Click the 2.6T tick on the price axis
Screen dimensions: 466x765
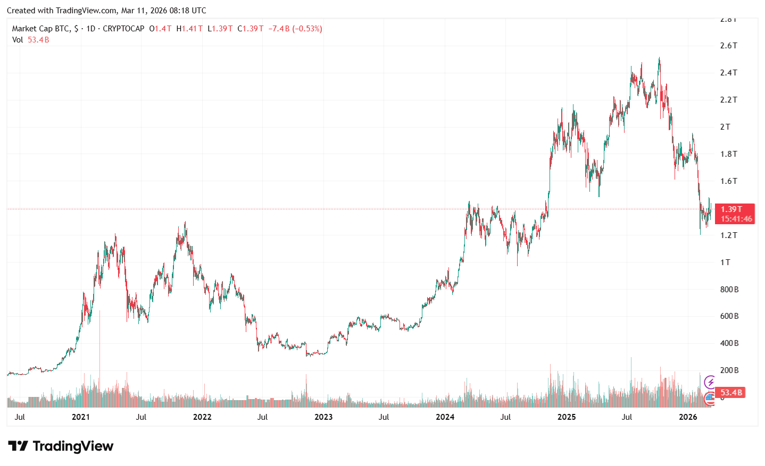coord(728,46)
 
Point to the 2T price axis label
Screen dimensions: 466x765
coord(725,127)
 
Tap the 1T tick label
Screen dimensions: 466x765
coord(725,262)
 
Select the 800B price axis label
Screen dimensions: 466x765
coord(729,290)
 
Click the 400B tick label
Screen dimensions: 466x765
coord(729,344)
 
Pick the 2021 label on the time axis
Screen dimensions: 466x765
coord(81,417)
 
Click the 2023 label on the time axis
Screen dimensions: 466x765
coord(323,417)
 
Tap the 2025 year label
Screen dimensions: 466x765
coord(567,417)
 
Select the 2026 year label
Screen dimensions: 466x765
coord(688,417)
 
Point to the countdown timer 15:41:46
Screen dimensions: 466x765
coord(736,219)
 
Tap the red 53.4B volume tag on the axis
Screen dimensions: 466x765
coord(731,393)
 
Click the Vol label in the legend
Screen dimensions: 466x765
coord(18,40)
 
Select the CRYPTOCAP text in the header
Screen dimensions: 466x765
coord(123,29)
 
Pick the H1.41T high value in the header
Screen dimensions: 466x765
coord(189,29)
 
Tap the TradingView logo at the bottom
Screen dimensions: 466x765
coord(61,446)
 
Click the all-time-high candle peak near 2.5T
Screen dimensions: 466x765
coord(660,58)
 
